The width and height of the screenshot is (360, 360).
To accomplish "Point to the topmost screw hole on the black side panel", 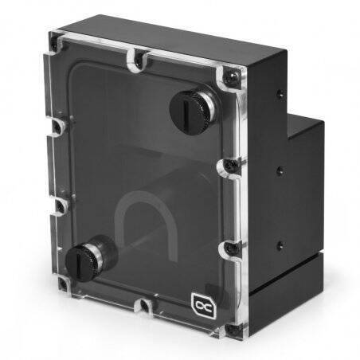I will [x=278, y=94].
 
